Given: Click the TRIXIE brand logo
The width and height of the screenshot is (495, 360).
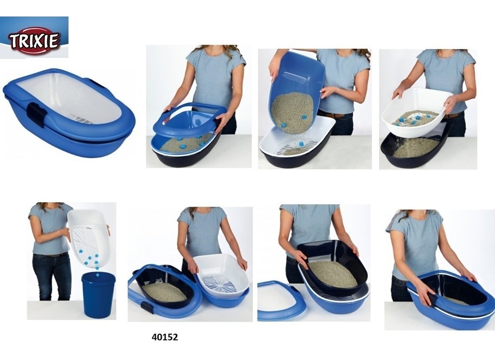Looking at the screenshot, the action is (34, 41).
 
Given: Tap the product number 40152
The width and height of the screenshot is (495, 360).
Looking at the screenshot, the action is (165, 337).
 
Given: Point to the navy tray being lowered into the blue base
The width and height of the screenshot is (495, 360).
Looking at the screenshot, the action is (332, 267).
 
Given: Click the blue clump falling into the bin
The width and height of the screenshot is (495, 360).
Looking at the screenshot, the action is (97, 268).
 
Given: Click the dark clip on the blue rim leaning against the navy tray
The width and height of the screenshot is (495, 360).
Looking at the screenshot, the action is (147, 306).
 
